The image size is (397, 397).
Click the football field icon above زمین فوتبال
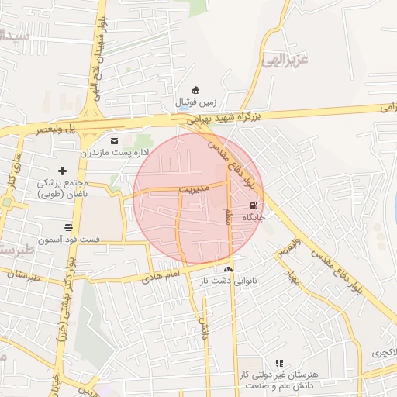pyautogui.click(x=195, y=89)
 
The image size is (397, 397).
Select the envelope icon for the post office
pyautogui.click(x=115, y=140)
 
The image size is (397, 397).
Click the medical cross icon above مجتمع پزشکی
pyautogui.click(x=63, y=171)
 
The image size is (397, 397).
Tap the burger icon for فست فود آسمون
pyautogui.click(x=69, y=228)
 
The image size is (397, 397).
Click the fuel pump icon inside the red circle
pyautogui.click(x=254, y=205)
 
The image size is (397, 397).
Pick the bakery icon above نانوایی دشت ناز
pyautogui.click(x=228, y=269)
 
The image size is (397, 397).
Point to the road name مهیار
pyautogui.click(x=291, y=274)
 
